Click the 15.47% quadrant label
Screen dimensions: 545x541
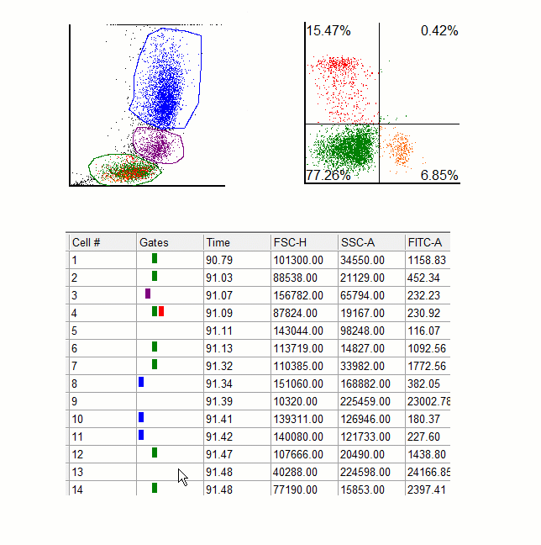tap(328, 31)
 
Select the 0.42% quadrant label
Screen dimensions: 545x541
tap(439, 31)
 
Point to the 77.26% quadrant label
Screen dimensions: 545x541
tap(328, 175)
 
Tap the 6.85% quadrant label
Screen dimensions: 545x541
tap(439, 175)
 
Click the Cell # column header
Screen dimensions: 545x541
tap(87, 242)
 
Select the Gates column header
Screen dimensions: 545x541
tap(154, 242)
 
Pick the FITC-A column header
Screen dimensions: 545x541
tap(424, 242)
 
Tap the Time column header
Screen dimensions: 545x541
tap(218, 242)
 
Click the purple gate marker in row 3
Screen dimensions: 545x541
tap(148, 294)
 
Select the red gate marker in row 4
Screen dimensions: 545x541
tap(161, 311)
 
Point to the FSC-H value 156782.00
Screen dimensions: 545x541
tap(296, 295)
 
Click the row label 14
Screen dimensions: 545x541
tap(78, 489)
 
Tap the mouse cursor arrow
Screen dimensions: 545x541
tap(182, 477)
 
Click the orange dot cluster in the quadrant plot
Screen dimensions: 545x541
tap(401, 149)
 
